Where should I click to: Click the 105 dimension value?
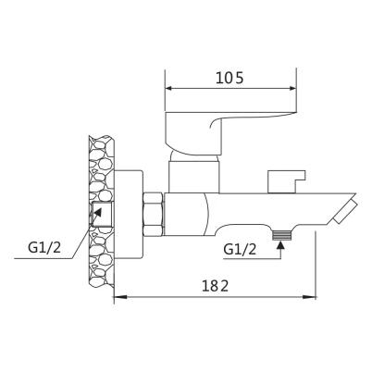pos(229,78)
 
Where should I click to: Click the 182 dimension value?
pos(216,286)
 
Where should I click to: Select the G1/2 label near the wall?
pos(44,247)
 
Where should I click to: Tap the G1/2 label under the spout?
pos(240,249)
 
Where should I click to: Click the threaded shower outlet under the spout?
pos(281,236)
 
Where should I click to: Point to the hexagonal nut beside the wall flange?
pos(154,215)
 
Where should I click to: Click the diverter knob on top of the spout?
pos(286,181)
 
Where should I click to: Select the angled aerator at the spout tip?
pos(345,211)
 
